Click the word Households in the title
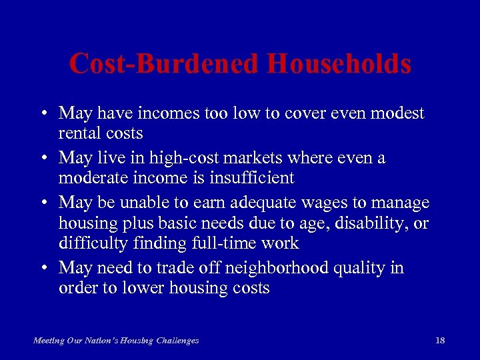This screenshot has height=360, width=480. click(x=339, y=64)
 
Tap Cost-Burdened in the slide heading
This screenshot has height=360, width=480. click(x=165, y=64)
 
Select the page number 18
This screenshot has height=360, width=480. click(x=439, y=340)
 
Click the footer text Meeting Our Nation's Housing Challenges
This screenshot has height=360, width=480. click(x=116, y=341)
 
